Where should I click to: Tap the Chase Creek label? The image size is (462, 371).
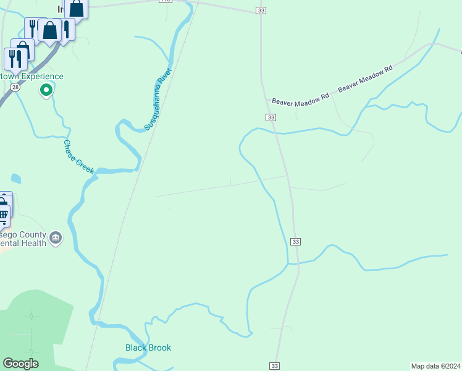click(x=78, y=157)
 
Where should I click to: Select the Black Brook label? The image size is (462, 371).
click(x=148, y=348)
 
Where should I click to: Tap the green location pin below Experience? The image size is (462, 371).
click(x=46, y=91)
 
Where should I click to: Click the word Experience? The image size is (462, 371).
click(x=41, y=77)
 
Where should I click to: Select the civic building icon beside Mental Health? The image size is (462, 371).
click(x=56, y=238)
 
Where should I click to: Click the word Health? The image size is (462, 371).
click(x=34, y=243)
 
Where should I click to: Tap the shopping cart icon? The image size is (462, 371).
click(x=3, y=215)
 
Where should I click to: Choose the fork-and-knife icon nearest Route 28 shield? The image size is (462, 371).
click(x=14, y=58)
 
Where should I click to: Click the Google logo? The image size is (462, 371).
click(x=20, y=364)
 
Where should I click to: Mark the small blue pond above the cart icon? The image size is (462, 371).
click(x=15, y=179)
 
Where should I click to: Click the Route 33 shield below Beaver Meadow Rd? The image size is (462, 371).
click(x=271, y=117)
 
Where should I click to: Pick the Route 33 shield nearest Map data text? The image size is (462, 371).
click(x=274, y=366)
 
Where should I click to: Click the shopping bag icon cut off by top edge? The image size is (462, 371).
click(x=77, y=7)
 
